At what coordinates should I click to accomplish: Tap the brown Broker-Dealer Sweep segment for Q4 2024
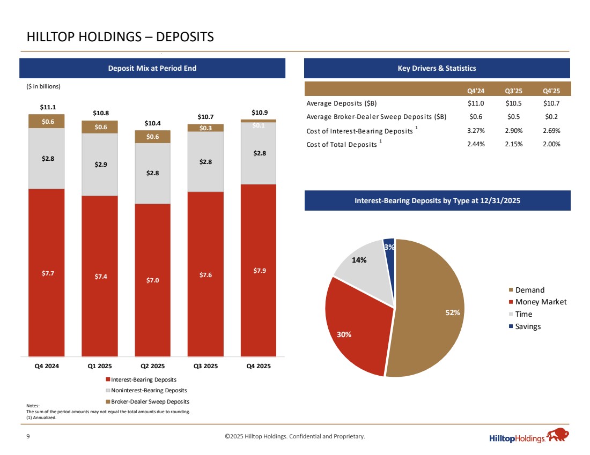pos(47,121)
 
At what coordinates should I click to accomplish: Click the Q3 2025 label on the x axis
pos(205,367)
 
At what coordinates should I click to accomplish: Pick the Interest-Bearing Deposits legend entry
pos(142,380)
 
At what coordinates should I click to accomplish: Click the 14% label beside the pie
pos(359,260)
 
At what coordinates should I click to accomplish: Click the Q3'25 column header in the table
pos(514,90)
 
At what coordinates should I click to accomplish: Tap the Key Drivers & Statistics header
pos(437,68)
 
